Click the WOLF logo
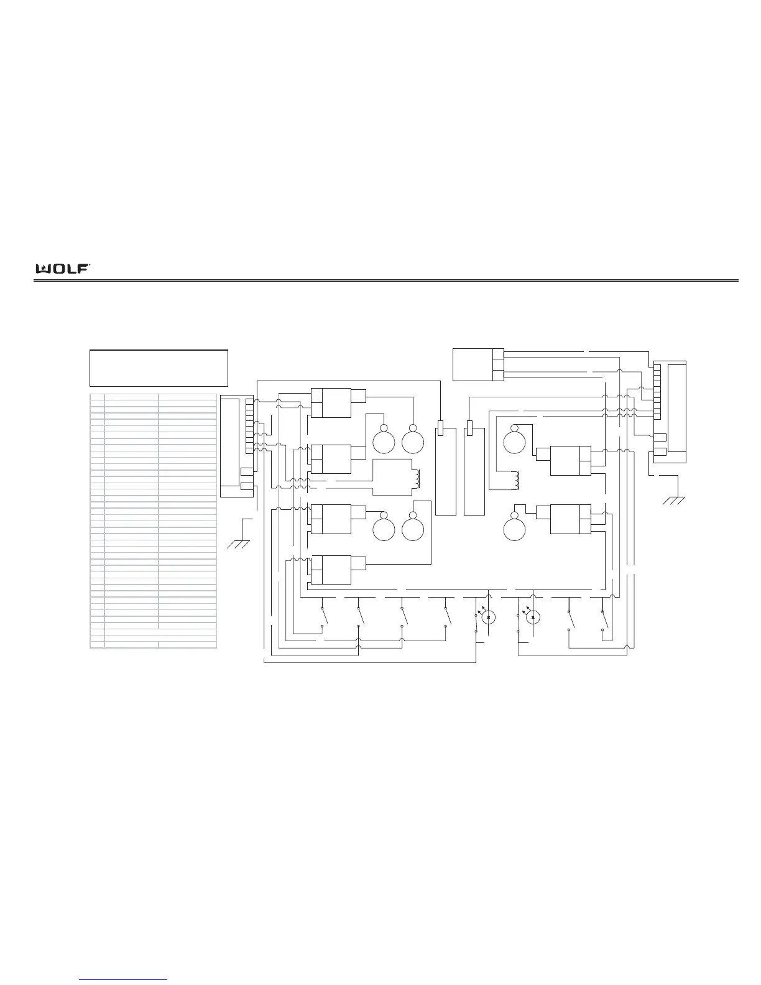63,269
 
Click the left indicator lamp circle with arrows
488,617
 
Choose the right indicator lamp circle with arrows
532,617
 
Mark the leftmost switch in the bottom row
323,617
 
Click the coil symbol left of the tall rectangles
417,479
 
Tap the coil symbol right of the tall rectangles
516,481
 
